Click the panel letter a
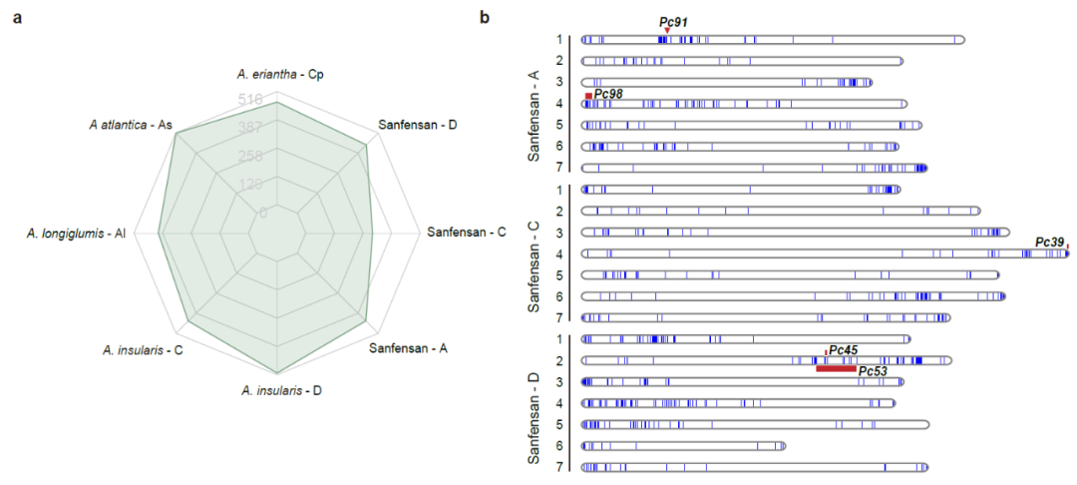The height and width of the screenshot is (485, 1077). (x=17, y=16)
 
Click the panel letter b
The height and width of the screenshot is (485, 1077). (x=486, y=16)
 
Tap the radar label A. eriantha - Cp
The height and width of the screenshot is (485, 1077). (x=280, y=74)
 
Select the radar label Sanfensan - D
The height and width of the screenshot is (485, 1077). (x=418, y=125)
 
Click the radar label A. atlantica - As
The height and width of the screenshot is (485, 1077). (x=131, y=125)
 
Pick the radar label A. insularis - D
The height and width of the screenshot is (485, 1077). (x=281, y=390)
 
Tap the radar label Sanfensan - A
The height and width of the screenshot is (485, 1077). (x=408, y=349)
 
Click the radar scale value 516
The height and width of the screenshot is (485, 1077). (x=250, y=99)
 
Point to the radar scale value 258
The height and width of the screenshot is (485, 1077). (x=250, y=157)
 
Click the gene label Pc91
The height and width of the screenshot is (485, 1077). (x=673, y=22)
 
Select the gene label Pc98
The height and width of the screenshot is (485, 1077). (x=608, y=94)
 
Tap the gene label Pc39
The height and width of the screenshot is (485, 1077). (x=1049, y=242)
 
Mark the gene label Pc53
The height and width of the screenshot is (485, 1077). (x=873, y=371)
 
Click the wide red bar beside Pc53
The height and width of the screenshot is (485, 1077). (x=836, y=368)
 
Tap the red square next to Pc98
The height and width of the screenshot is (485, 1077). (x=588, y=95)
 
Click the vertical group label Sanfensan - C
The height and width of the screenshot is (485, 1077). (x=537, y=253)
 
